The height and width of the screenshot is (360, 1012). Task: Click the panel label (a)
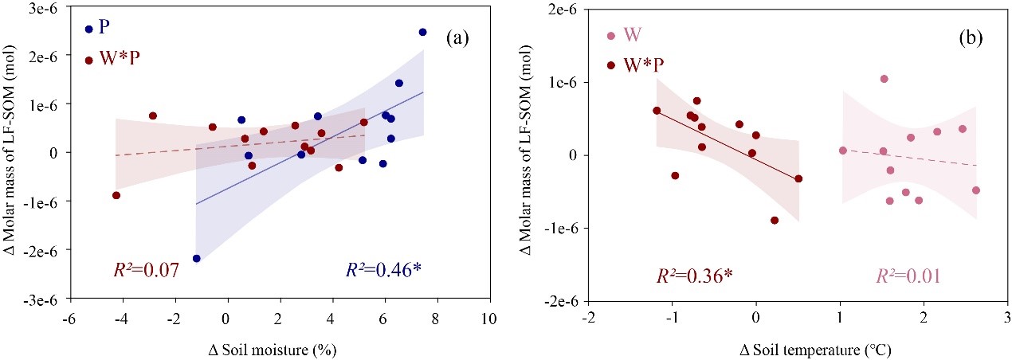pos(459,37)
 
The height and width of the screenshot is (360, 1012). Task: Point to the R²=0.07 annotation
pos(142,271)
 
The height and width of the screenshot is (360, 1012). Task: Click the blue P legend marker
pos(89,29)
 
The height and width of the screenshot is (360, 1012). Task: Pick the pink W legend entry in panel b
pos(611,36)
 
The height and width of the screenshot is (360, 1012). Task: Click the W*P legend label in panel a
pos(116,60)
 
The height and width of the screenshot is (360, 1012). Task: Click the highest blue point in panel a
pos(422,32)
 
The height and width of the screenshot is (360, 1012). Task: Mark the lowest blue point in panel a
pos(196,258)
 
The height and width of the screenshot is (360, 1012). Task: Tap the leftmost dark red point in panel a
pos(116,195)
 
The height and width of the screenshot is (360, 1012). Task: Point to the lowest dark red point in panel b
pos(775,220)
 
